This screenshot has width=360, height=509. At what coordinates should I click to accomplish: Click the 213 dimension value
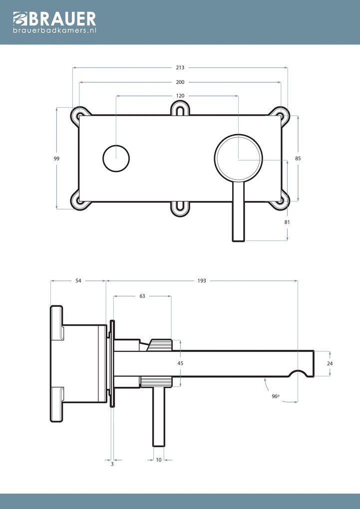(180, 67)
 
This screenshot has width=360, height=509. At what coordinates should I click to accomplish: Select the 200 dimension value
(180, 82)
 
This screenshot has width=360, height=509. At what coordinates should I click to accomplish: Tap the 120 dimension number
(180, 96)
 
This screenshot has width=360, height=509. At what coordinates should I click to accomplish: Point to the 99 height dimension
(56, 158)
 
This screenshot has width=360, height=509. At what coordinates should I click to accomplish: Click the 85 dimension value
(298, 158)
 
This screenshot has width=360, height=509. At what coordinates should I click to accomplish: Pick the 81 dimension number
(287, 222)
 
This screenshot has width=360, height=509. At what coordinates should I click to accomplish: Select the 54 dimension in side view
(78, 280)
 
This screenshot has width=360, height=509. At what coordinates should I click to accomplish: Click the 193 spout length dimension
(202, 280)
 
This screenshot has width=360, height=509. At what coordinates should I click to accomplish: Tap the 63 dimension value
(142, 296)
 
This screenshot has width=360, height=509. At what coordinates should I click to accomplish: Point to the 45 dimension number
(180, 363)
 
